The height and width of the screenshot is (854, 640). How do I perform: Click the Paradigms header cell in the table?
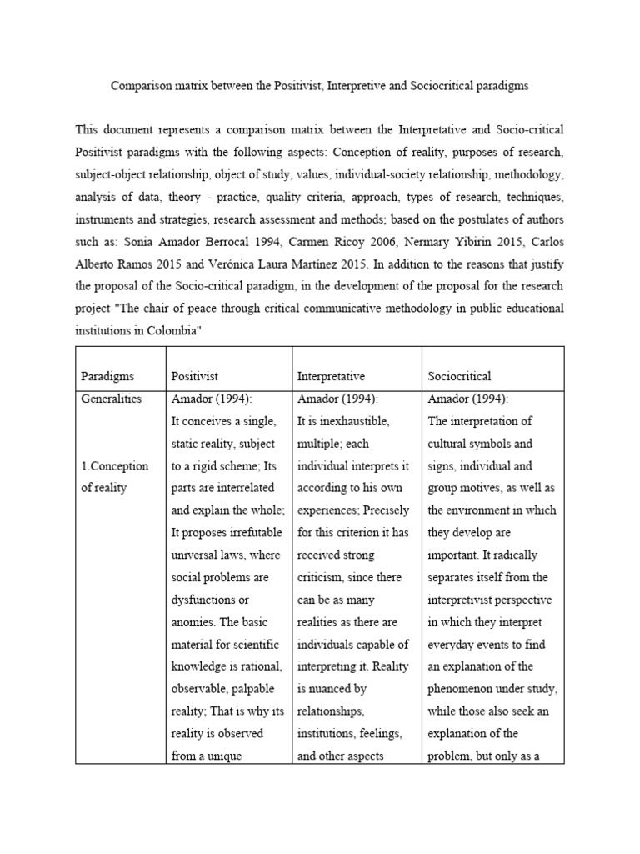(107, 376)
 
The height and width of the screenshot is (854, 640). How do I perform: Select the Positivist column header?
(194, 376)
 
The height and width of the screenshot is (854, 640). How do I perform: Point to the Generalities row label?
(111, 399)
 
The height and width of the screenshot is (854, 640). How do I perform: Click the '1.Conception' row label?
(114, 465)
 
